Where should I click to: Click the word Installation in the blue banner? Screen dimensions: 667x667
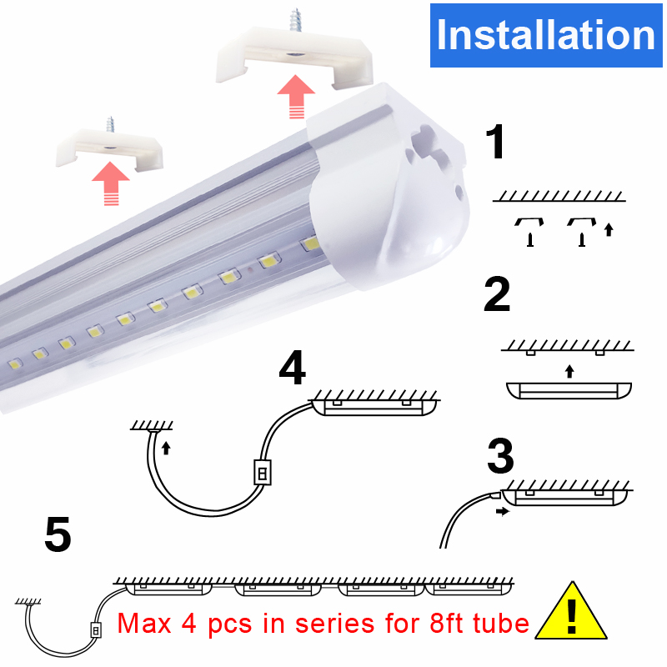[x=546, y=35]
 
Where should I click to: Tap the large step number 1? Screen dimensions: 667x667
[x=495, y=141]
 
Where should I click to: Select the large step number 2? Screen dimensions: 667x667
[x=497, y=293]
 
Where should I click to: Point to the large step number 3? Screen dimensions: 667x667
[x=500, y=456]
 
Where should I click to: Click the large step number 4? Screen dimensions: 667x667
[x=293, y=367]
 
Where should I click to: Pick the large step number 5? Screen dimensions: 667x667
[x=58, y=534]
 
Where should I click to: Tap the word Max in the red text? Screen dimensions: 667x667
[x=143, y=624]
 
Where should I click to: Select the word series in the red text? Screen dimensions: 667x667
[x=335, y=624]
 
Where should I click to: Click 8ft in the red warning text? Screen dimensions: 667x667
[x=447, y=624]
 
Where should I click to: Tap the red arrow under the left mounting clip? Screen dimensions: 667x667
[x=111, y=183]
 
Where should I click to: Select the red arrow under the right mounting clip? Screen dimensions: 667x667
[x=296, y=97]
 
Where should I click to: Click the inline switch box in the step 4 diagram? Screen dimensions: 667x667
[x=263, y=472]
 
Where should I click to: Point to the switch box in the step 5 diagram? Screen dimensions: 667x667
[x=96, y=630]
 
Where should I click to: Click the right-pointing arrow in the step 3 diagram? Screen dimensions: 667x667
[x=503, y=511]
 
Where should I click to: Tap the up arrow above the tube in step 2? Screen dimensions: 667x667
[x=569, y=371]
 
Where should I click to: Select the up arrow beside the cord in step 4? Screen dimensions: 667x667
[x=166, y=448]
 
